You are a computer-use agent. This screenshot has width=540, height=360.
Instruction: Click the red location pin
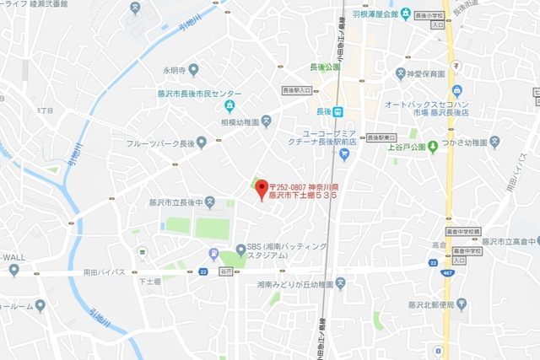pos(261,188)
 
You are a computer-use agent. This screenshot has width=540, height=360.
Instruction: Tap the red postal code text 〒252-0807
pos(303,186)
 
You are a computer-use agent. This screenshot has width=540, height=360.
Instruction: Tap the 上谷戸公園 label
pos(402,147)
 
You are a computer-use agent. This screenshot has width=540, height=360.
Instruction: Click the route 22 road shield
pos(203,271)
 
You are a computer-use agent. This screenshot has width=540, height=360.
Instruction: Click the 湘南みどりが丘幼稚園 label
pos(295,284)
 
